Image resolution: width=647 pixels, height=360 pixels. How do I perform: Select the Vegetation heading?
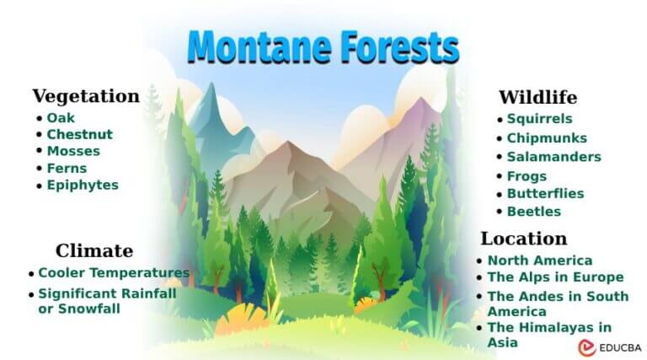click(86, 96)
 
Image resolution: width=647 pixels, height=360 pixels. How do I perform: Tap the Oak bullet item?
click(61, 118)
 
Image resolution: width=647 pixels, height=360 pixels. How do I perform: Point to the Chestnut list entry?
click(79, 134)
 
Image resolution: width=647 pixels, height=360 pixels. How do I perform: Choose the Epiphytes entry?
click(83, 185)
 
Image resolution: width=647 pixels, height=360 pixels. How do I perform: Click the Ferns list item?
click(67, 168)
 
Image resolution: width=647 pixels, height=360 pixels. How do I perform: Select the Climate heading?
click(94, 250)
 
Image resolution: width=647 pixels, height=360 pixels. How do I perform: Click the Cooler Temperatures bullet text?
click(114, 273)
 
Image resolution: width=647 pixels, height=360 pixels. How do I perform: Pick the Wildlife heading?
click(537, 97)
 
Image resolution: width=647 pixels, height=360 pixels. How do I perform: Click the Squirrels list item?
click(539, 119)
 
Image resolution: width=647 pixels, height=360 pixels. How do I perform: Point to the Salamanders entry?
click(553, 157)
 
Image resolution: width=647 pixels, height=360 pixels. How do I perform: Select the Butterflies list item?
click(545, 193)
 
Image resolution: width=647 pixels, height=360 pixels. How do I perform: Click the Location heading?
click(524, 238)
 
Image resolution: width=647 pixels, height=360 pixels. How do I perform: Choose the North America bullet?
click(539, 261)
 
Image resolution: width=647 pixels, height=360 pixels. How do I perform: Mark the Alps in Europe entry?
click(555, 277)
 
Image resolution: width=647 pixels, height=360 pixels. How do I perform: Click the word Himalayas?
click(556, 327)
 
